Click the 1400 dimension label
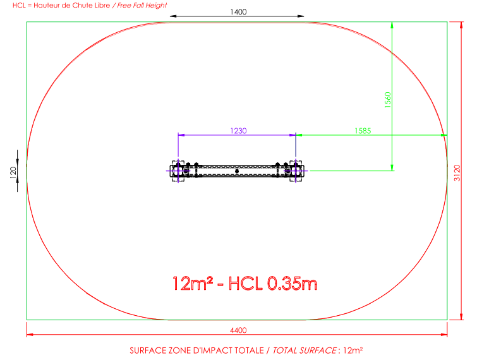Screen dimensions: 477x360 [238, 12]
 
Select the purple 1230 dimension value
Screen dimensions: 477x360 [238, 131]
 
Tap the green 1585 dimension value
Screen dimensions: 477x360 [363, 131]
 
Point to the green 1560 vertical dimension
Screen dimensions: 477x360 [387, 100]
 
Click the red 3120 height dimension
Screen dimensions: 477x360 [457, 172]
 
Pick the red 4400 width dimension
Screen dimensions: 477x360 [238, 330]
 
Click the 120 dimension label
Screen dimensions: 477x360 [13, 172]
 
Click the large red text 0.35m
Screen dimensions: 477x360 [293, 284]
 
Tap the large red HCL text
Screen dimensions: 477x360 [245, 284]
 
